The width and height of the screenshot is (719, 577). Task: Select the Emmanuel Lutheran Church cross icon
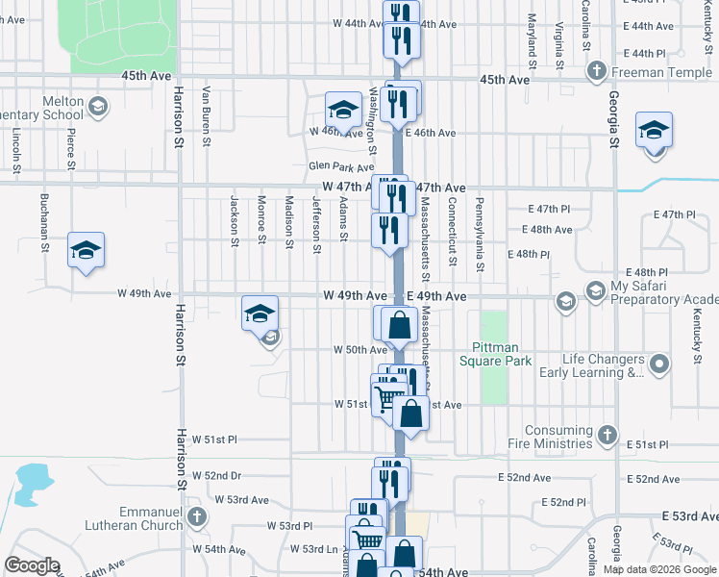coord(196,517)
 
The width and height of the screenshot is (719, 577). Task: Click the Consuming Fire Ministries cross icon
coord(607,436)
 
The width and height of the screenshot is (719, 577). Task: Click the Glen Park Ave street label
coord(341,166)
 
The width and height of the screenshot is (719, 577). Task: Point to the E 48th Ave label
coord(547,230)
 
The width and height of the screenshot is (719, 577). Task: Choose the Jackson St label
coord(234,221)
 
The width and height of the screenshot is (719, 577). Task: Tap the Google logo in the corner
coord(32,565)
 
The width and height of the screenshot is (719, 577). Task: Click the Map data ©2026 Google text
coord(658,569)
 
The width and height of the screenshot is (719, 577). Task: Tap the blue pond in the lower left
coord(32,479)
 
